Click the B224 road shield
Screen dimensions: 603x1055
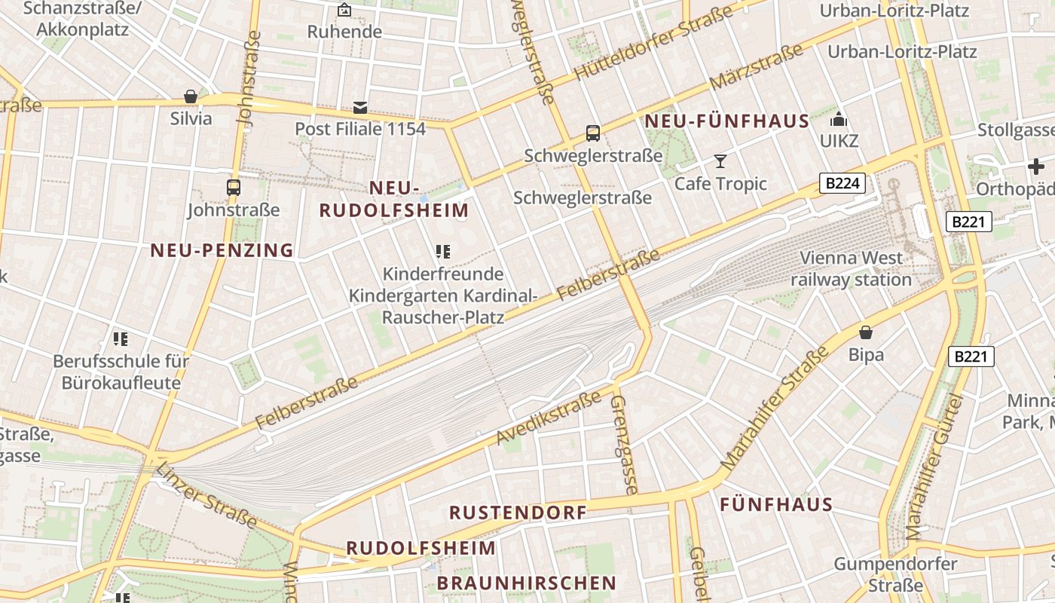[x=842, y=183]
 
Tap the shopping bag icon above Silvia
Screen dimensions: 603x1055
[x=191, y=96]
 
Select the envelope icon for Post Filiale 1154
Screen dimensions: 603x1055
[x=360, y=108]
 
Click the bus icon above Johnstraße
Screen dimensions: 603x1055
[x=234, y=188]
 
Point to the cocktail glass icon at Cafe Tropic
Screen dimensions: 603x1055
[x=720, y=161]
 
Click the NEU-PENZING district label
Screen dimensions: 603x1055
[x=222, y=250]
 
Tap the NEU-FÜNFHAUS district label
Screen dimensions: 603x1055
[x=726, y=121]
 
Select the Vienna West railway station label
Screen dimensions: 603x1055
[x=851, y=268]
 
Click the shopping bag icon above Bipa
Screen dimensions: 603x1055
[x=866, y=332]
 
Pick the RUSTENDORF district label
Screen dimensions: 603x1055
[x=518, y=513]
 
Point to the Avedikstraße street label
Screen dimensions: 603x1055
[x=549, y=419]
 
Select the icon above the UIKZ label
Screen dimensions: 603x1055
[x=839, y=119]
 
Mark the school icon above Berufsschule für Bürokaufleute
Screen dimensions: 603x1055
[x=121, y=339]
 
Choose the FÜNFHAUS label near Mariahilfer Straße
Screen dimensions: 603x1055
[x=776, y=504]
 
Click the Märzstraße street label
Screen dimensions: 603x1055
[x=756, y=67]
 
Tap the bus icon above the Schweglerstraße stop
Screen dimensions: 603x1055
[x=593, y=133]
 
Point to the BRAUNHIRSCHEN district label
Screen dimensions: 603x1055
[x=526, y=583]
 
